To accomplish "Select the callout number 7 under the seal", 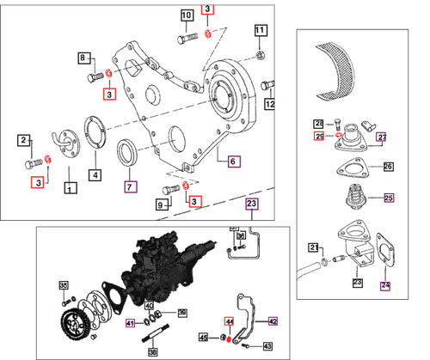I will (130, 185).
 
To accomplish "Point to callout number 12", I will (269, 105).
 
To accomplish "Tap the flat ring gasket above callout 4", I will (95, 141).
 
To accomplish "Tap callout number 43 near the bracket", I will (267, 345).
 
